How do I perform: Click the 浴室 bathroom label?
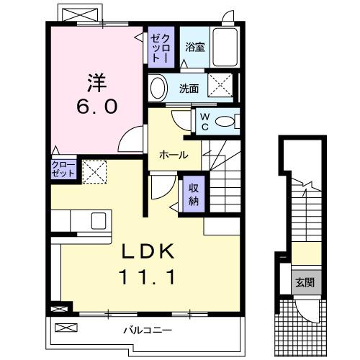click(x=194, y=48)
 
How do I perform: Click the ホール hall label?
click(x=174, y=155)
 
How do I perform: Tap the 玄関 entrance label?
click(x=303, y=282)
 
